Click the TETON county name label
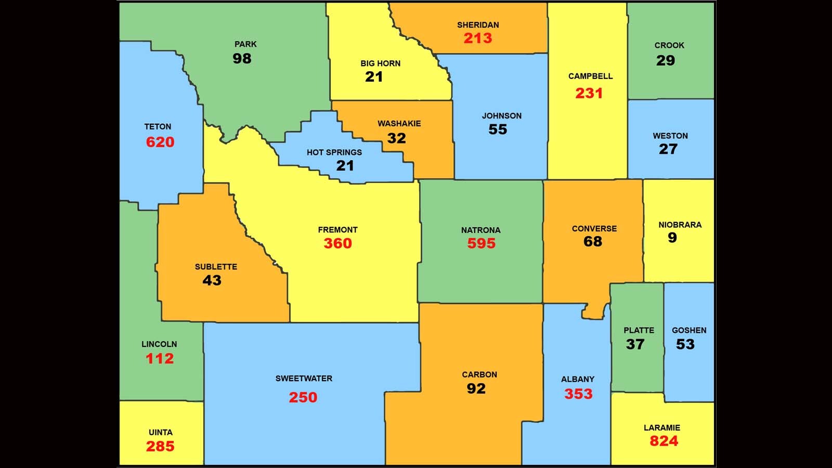click(x=158, y=127)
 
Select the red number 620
click(x=160, y=142)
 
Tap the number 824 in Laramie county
click(x=664, y=441)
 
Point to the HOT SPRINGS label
click(x=334, y=152)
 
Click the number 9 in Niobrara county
click(x=672, y=238)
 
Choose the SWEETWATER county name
click(x=304, y=379)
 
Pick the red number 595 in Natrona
click(x=481, y=243)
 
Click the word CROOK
click(x=669, y=45)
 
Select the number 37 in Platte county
click(x=635, y=344)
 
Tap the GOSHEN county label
click(x=689, y=330)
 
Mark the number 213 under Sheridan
click(x=478, y=38)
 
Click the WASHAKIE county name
click(x=399, y=124)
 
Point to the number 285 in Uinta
click(x=160, y=446)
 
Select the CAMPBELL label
click(x=590, y=76)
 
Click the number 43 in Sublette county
click(x=212, y=280)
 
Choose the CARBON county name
click(x=479, y=374)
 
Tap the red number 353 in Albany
click(x=578, y=394)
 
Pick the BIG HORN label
click(x=381, y=63)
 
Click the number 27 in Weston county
click(x=668, y=149)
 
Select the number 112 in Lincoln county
click(x=160, y=358)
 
